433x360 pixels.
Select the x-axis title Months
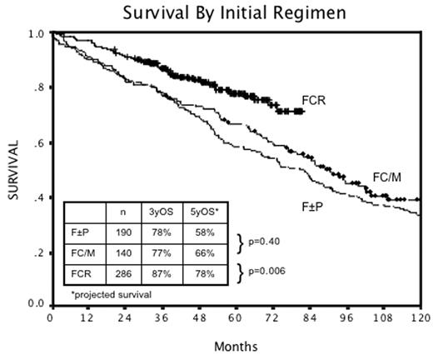click(x=235, y=345)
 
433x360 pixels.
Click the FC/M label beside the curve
click(x=386, y=177)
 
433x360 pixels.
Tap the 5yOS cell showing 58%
click(x=202, y=232)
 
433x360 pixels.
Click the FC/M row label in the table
click(x=84, y=252)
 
